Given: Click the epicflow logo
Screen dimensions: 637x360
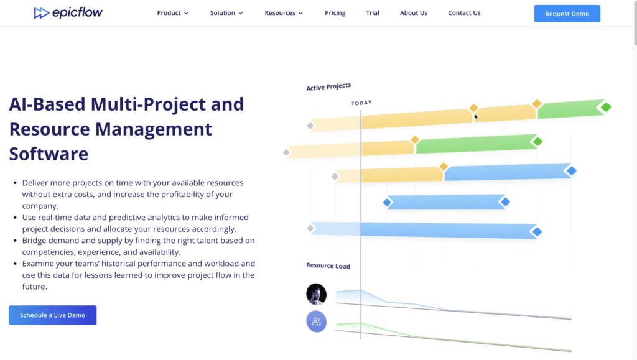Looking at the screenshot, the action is pos(68,13).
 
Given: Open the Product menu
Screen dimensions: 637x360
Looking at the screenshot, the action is pos(173,13).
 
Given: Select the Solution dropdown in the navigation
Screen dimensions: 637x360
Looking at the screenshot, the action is pos(226,13).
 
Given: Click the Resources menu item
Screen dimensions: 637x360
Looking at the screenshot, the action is pos(284,13).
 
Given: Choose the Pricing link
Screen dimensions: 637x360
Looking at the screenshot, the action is pos(335,13).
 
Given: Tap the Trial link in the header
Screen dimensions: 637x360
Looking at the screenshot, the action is pos(373,13).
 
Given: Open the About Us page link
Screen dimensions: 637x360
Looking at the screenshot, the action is pos(414,13).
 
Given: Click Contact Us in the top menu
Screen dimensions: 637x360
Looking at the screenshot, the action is pos(464,13).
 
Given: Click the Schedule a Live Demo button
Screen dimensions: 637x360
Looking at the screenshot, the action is pos(53,315).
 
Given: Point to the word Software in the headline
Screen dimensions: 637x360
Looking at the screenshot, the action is pos(49,154).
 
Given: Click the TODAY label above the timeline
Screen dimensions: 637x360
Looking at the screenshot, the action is pos(361,103).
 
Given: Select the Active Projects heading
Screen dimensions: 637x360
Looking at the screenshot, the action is pos(328,86).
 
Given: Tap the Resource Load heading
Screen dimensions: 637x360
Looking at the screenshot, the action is pos(328,266).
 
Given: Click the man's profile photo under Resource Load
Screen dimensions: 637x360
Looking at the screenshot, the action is pos(317,294).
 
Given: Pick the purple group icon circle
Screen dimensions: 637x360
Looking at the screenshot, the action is pos(317,321).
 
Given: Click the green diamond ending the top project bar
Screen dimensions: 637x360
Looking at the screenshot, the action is pos(606,107).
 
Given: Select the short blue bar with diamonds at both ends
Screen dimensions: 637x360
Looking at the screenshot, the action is pos(446,201).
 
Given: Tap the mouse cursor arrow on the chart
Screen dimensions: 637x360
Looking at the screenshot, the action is pos(476,118).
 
